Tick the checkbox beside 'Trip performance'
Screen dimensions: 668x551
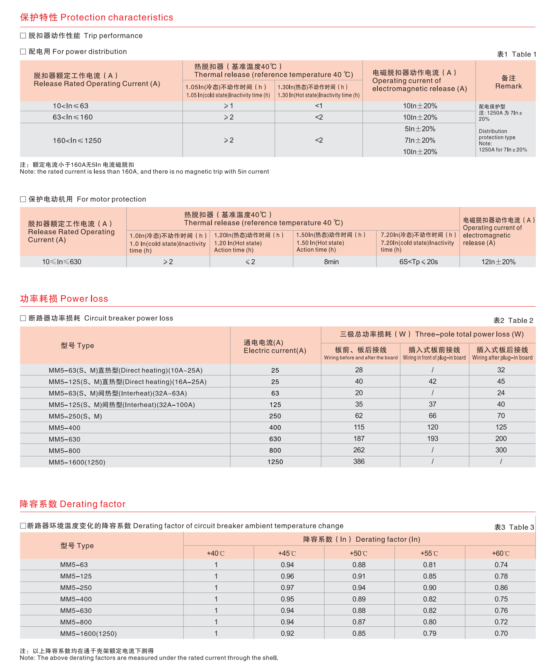coord(23,36)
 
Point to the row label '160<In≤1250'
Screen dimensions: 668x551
coord(77,141)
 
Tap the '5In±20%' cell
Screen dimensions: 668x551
coord(420,129)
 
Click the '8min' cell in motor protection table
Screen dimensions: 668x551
coord(331,262)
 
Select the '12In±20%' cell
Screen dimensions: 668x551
coord(498,262)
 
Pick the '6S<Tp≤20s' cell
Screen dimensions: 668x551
coord(418,262)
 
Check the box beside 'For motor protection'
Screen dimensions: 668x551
coord(23,199)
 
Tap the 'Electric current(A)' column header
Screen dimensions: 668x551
coord(275,347)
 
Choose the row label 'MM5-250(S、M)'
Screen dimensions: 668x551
coord(75,416)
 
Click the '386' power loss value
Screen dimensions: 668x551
coord(359,462)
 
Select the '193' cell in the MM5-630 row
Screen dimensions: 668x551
coord(432,439)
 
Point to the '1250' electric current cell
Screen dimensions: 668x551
coord(275,462)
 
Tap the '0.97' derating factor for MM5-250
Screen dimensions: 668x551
coord(287,588)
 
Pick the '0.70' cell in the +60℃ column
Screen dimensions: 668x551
coord(501,634)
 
